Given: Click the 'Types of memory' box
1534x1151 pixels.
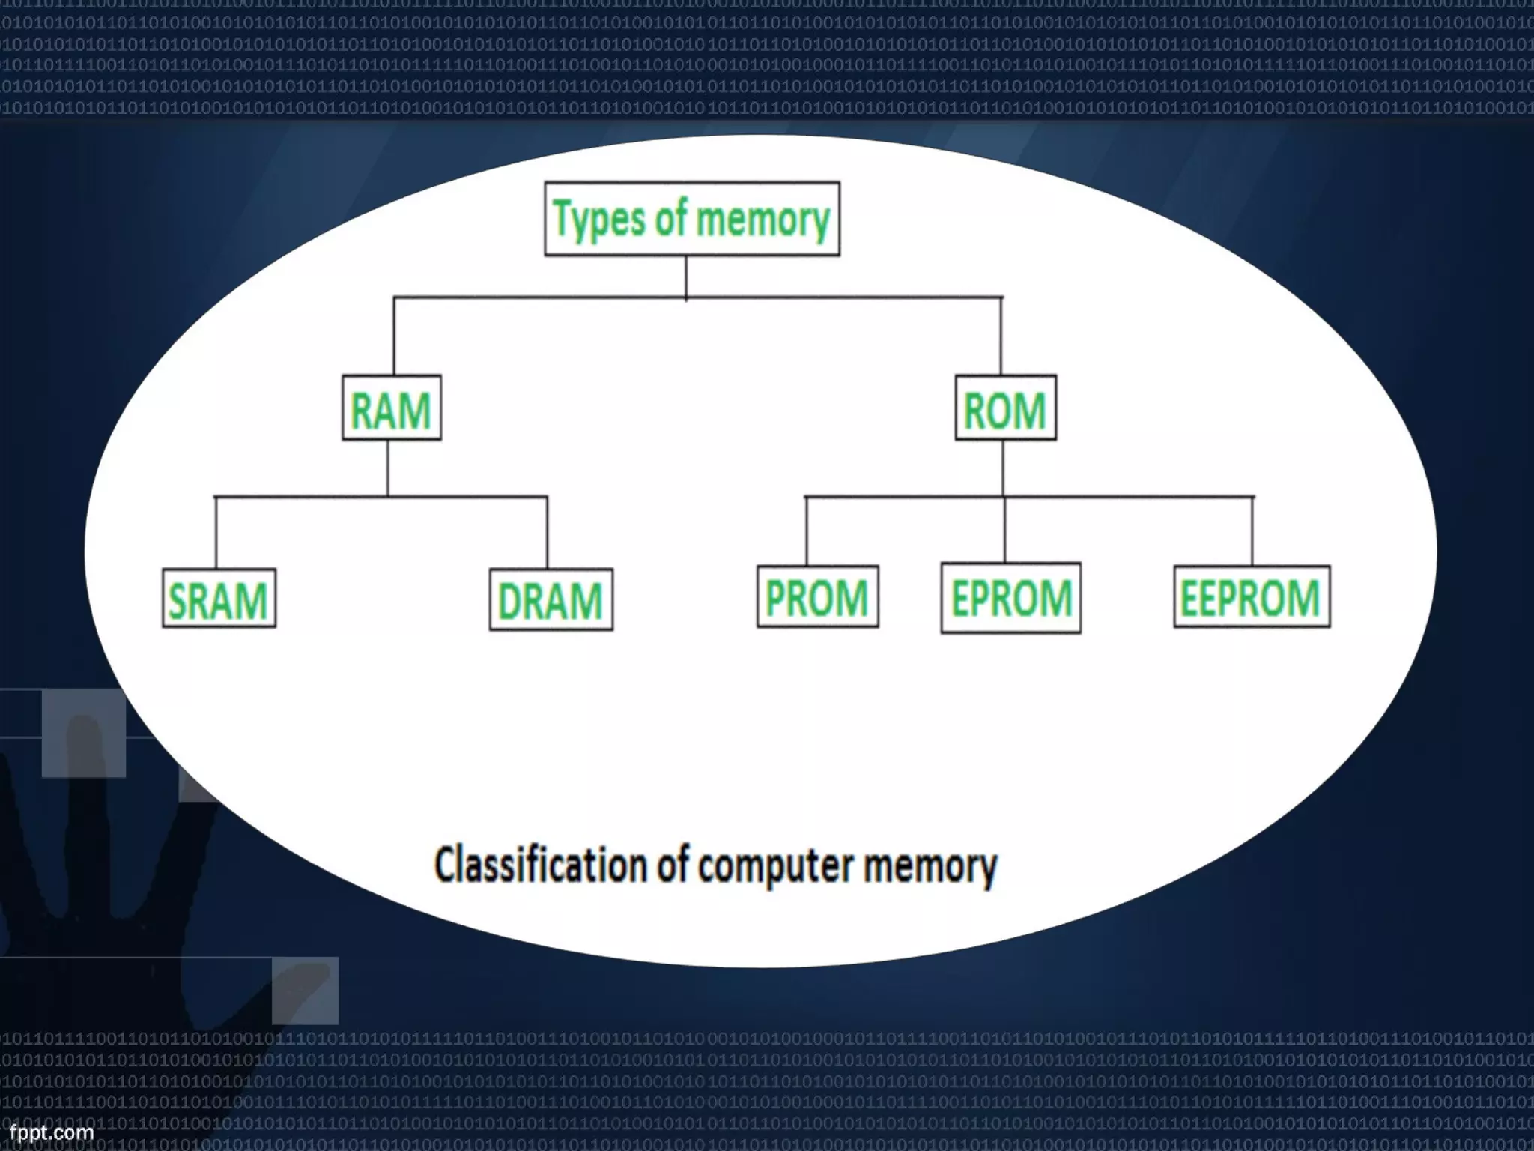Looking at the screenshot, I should tap(691, 219).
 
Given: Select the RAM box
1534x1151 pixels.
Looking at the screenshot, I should tap(391, 408).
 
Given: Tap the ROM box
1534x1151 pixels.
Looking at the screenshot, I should tap(1005, 408).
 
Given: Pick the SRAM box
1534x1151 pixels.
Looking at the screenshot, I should tap(219, 599).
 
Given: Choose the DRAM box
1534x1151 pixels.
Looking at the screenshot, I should tap(551, 599).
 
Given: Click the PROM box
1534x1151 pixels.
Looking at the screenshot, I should tap(817, 596).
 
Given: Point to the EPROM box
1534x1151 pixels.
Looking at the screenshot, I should tap(1010, 598).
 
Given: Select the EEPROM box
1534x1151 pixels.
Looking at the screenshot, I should tap(1251, 596).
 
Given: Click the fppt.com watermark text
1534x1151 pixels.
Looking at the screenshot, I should tap(51, 1132).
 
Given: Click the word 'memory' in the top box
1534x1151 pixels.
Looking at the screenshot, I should tap(762, 220).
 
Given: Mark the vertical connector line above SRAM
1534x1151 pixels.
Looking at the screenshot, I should tap(216, 532).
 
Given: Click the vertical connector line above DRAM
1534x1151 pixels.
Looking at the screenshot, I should tap(547, 532).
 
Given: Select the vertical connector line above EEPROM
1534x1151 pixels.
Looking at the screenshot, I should tap(1252, 531).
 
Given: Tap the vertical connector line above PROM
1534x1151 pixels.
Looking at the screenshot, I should tap(806, 531).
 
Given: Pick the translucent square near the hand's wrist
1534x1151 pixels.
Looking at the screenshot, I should tap(305, 990).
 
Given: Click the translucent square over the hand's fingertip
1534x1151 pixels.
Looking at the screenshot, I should tap(83, 733).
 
